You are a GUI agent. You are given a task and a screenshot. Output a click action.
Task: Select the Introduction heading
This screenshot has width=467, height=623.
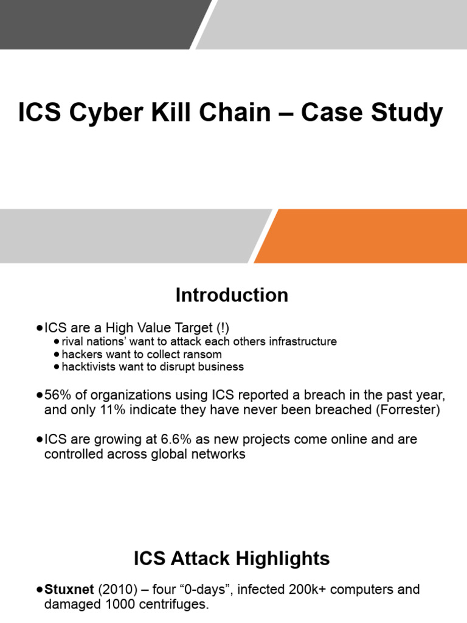(232, 295)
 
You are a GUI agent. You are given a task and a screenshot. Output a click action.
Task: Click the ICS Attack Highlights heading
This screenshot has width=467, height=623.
(232, 559)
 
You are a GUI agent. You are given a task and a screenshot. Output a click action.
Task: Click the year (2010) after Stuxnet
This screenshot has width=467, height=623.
(113, 590)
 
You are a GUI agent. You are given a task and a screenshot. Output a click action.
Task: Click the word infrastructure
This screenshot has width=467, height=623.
(298, 341)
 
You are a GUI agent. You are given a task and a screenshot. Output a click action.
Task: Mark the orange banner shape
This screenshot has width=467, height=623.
(365, 236)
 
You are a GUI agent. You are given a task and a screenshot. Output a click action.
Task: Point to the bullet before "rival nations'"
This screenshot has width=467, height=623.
(57, 341)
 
